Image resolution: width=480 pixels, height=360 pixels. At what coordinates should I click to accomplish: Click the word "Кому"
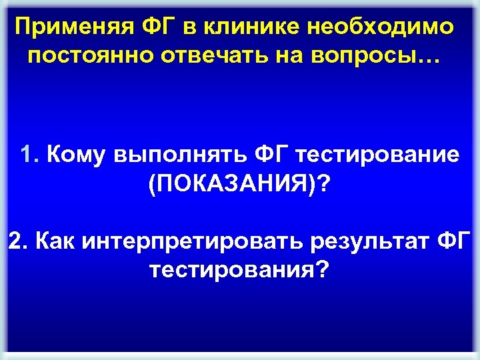pos(72,155)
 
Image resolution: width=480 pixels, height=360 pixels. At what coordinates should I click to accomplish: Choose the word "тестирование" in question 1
pos(377,155)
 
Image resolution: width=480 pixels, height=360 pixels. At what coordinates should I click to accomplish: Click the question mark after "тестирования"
pos(322,269)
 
